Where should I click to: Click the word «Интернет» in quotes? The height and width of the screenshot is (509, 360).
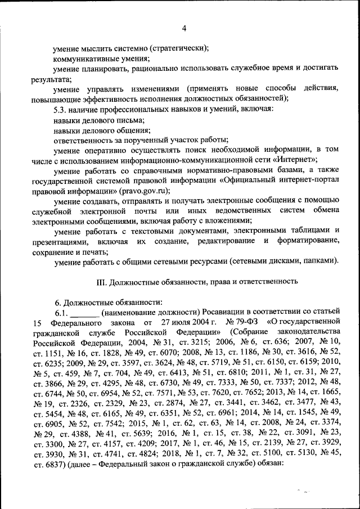273,159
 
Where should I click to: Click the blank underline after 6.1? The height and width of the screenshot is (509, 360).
85,312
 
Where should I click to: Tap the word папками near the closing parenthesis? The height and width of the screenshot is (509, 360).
321,262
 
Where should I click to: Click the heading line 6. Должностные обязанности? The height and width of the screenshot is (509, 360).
107,301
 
